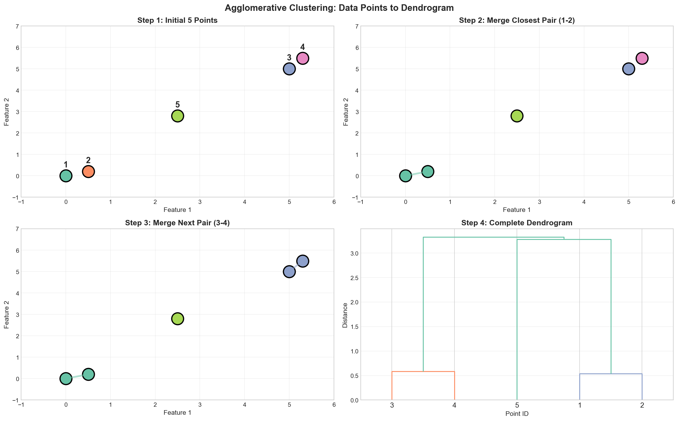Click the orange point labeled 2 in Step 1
pos(88,171)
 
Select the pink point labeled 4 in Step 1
pos(303,58)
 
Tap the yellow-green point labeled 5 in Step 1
pos(178,116)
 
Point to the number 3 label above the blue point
pos(289,58)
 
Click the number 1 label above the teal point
pos(66,165)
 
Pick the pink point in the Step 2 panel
pos(642,58)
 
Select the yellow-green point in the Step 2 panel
pos(517,116)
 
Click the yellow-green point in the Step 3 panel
pos(178,319)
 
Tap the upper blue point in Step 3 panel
pos(303,261)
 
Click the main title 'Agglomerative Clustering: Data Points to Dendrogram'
pos(339,8)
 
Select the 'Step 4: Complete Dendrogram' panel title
pos(517,223)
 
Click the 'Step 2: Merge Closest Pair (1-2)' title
pos(517,20)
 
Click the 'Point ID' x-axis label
pos(517,414)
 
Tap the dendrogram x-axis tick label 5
pos(517,405)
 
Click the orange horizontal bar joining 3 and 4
pos(423,371)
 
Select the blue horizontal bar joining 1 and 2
pos(611,374)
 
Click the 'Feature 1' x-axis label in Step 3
pos(177,412)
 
